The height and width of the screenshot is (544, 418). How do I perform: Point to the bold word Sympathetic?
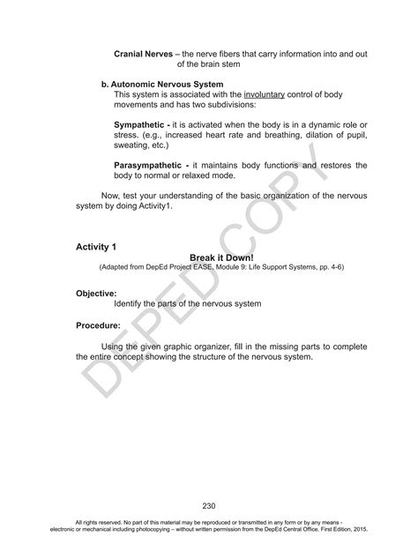(143, 125)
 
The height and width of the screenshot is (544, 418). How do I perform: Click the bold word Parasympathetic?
(152, 166)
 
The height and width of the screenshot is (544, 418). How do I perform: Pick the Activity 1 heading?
(96, 247)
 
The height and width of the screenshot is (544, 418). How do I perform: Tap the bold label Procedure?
(98, 325)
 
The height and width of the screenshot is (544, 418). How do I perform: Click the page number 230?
(209, 505)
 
